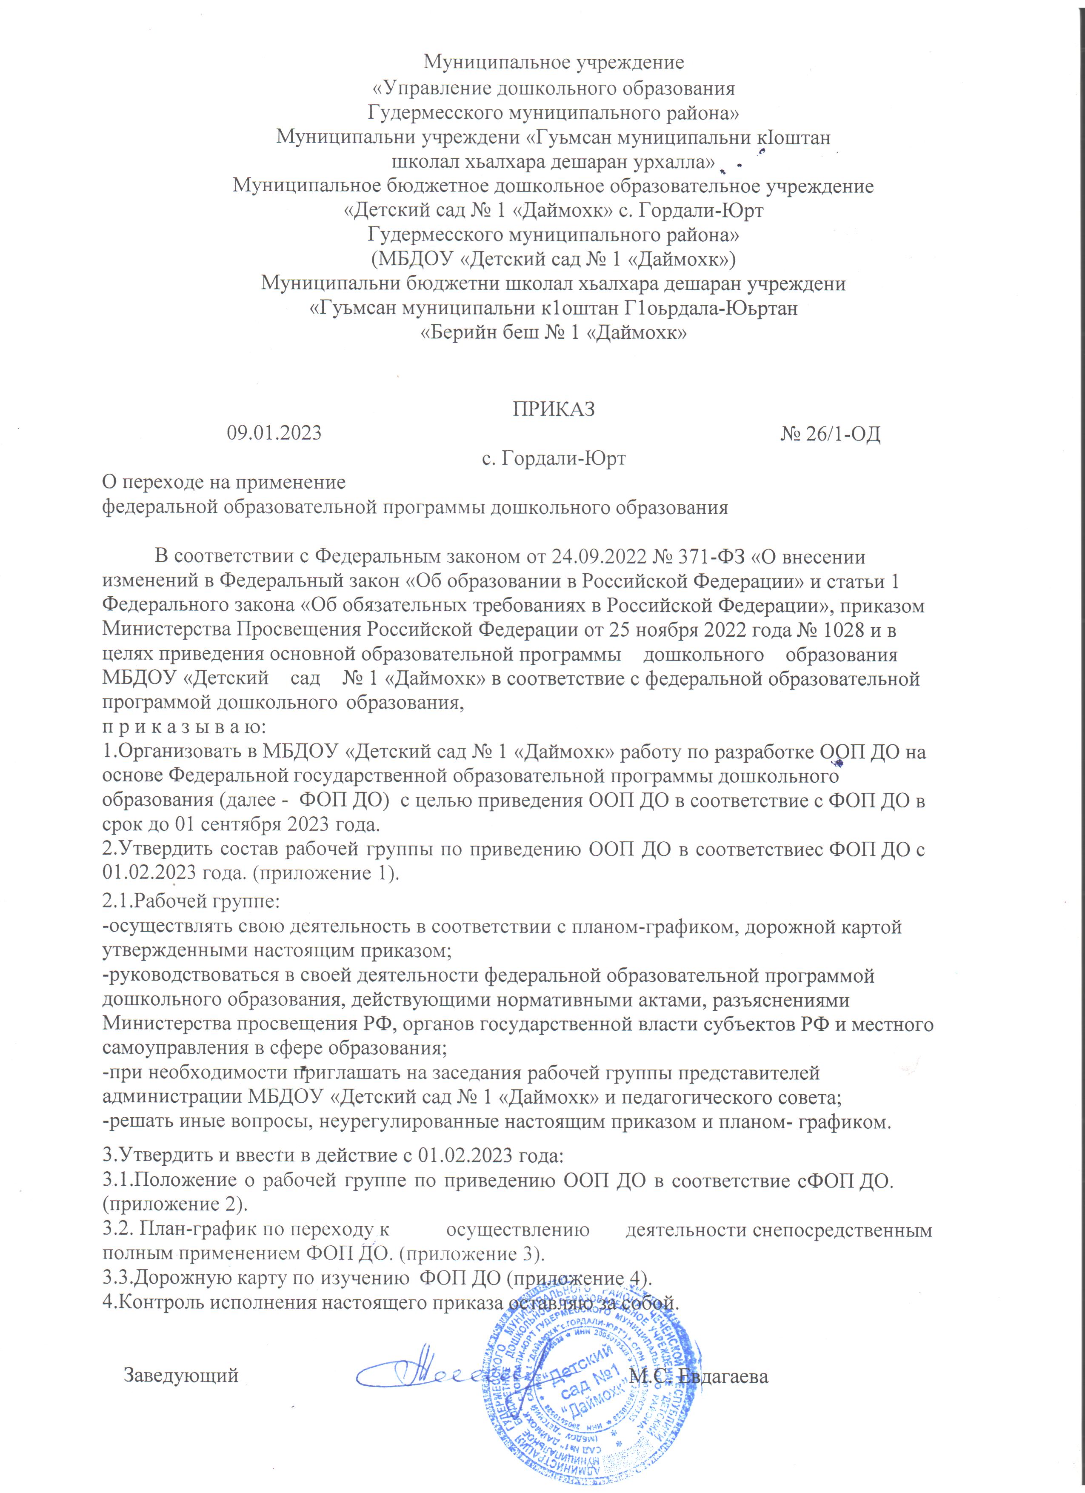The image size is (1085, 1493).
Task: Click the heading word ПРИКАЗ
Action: pyautogui.click(x=554, y=409)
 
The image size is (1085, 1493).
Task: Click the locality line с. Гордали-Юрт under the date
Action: pyautogui.click(x=554, y=458)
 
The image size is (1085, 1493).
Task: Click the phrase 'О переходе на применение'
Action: pyautogui.click(x=224, y=483)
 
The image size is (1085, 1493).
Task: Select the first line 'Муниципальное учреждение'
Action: pyautogui.click(x=554, y=63)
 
